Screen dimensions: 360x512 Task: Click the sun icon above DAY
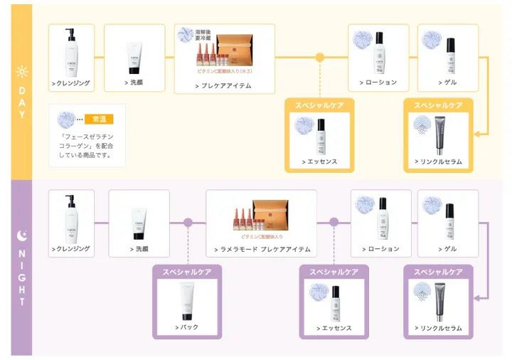pos(21,72)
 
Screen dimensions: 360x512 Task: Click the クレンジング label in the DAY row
pos(71,83)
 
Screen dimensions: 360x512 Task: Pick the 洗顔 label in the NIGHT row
pos(139,249)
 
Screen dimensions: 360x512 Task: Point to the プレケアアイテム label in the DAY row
pos(224,85)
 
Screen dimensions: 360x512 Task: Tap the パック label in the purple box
pos(187,327)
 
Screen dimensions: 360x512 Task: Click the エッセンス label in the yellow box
pos(319,162)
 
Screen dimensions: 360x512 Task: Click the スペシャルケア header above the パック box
pos(187,272)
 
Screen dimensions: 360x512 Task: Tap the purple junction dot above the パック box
pos(188,222)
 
